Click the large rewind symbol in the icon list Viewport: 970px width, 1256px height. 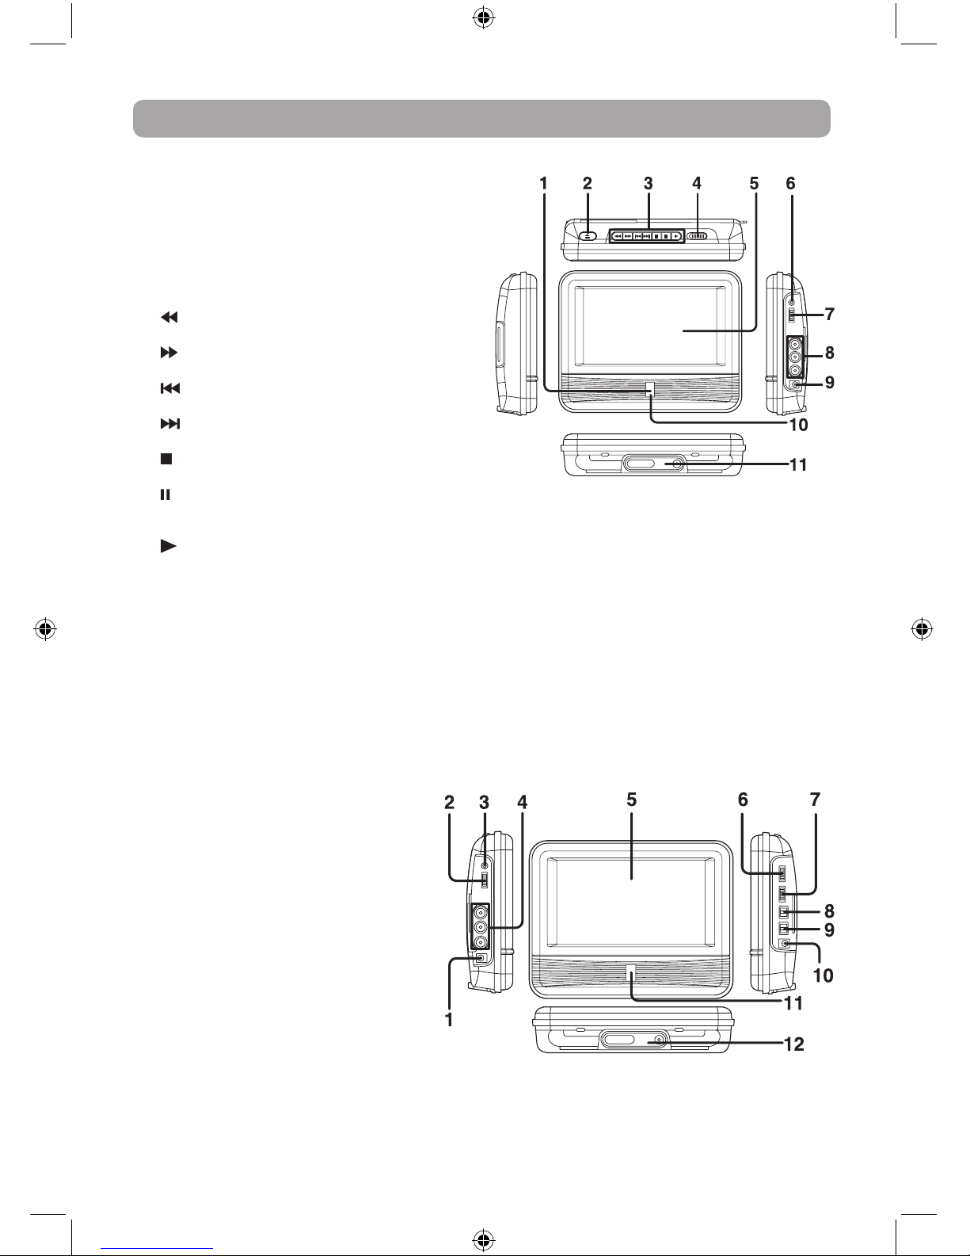pyautogui.click(x=169, y=317)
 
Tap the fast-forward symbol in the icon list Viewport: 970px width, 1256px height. pyautogui.click(x=169, y=353)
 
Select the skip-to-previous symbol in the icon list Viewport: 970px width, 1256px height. pyautogui.click(x=170, y=388)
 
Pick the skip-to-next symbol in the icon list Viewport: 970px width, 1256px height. pyautogui.click(x=170, y=424)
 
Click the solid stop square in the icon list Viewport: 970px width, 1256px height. pyautogui.click(x=166, y=459)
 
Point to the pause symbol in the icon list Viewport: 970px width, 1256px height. pyautogui.click(x=165, y=494)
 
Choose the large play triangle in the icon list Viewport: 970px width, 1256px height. pyautogui.click(x=169, y=546)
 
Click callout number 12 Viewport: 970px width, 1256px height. pyautogui.click(x=794, y=1044)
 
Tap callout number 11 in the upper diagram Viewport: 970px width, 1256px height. pyautogui.click(x=798, y=464)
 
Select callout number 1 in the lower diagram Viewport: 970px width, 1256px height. pyautogui.click(x=449, y=1020)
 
